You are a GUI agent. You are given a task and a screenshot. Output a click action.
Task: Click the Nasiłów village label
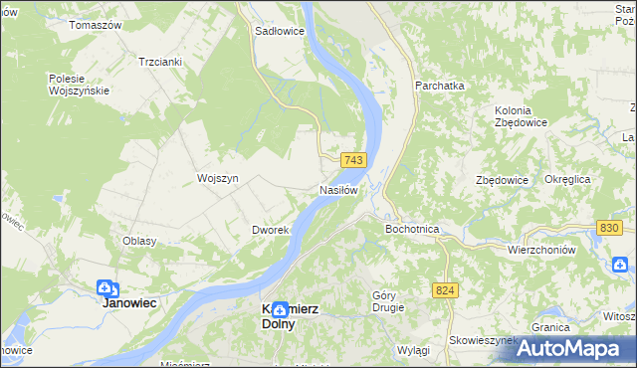pyautogui.click(x=337, y=189)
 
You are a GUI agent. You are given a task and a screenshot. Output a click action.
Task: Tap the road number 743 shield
pyautogui.click(x=354, y=160)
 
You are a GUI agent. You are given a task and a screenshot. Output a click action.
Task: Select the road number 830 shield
pyautogui.click(x=610, y=228)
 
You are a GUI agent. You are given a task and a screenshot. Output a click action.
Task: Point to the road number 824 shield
pyautogui.click(x=445, y=289)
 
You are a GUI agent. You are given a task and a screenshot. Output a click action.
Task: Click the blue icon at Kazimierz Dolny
pyautogui.click(x=280, y=309)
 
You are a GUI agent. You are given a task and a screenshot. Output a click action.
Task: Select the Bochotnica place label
pyautogui.click(x=412, y=229)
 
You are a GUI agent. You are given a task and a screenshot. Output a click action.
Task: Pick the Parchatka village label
pyautogui.click(x=440, y=87)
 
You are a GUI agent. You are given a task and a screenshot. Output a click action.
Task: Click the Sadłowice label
pyautogui.click(x=280, y=31)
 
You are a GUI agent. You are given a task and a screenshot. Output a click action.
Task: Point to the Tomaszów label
pyautogui.click(x=95, y=24)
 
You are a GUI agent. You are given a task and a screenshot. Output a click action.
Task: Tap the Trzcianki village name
pyautogui.click(x=160, y=61)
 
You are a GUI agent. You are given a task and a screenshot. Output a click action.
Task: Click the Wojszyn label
pyautogui.click(x=219, y=178)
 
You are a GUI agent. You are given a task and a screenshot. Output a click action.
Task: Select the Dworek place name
pyautogui.click(x=270, y=230)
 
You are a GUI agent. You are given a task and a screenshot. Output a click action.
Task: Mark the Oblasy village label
pyautogui.click(x=139, y=241)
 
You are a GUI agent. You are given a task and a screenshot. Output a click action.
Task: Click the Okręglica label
pyautogui.click(x=567, y=179)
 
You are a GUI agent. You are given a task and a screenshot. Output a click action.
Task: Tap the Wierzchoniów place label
pyautogui.click(x=541, y=250)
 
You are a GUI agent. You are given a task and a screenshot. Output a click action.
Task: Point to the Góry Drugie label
pyautogui.click(x=388, y=300)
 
